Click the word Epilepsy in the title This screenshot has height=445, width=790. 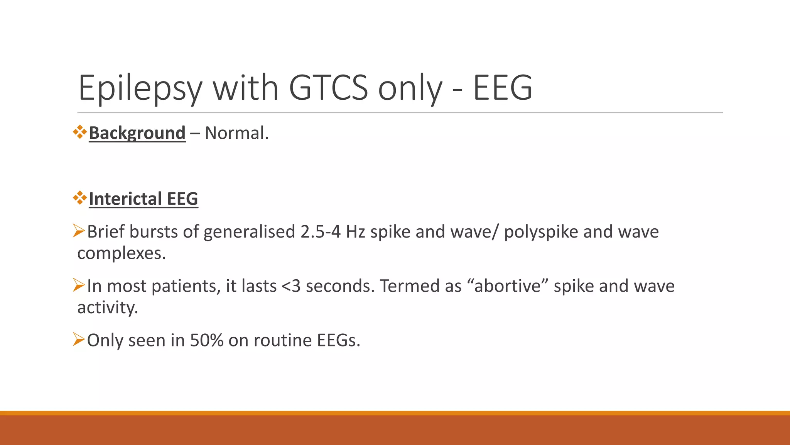click(140, 88)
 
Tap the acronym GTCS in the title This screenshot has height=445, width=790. click(328, 88)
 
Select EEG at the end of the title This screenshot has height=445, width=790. click(502, 88)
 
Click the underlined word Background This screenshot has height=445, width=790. click(137, 133)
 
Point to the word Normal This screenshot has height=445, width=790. click(236, 133)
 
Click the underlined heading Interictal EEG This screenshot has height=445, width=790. click(143, 199)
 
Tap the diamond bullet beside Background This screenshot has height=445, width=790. click(80, 132)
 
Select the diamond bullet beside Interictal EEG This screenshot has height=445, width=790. click(80, 198)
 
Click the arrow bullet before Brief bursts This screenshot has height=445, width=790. click(79, 231)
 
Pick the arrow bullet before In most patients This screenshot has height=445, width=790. click(79, 285)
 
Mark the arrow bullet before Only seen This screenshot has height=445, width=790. click(79, 340)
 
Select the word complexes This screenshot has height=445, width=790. click(122, 253)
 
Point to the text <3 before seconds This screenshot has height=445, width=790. click(291, 286)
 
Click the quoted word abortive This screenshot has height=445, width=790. click(507, 286)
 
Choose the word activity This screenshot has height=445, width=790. click(108, 308)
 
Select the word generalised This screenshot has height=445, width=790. click(249, 232)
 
